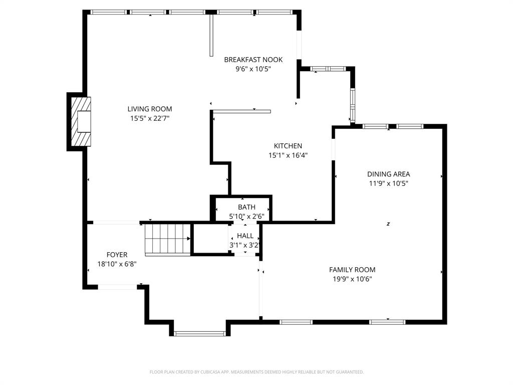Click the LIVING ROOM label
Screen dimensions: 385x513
149,109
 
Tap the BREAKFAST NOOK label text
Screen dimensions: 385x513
253,60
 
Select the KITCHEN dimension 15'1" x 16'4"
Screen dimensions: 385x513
288,155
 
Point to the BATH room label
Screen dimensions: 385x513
246,207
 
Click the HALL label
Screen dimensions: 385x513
245,236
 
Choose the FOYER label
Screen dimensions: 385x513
117,255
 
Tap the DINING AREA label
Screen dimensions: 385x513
388,174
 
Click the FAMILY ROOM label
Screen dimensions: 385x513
352,270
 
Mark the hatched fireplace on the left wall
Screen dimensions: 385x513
81,121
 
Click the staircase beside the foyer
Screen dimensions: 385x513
167,239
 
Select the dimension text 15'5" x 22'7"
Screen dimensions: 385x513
149,118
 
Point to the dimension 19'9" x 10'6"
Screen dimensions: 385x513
352,279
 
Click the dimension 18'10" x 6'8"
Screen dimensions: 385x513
117,264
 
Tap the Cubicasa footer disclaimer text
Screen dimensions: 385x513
256,372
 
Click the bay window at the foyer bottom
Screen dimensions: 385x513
200,333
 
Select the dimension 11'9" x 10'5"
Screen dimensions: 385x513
388,183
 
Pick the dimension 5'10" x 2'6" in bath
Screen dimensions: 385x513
246,217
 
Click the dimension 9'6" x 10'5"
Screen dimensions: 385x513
253,69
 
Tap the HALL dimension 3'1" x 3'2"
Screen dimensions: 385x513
245,245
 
